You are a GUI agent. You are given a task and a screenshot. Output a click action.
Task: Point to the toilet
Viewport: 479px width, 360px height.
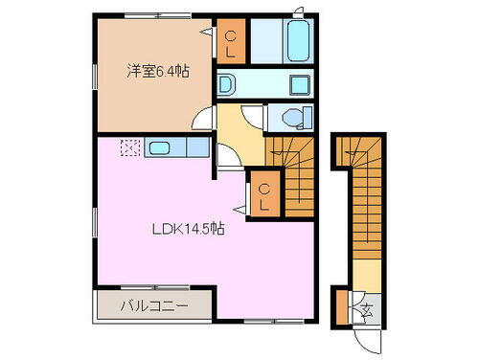pos(291,116)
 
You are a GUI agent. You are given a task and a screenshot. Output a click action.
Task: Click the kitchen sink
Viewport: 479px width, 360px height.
pos(159,148)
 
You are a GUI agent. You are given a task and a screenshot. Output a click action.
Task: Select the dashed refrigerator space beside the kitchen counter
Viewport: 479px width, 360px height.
pos(129,148)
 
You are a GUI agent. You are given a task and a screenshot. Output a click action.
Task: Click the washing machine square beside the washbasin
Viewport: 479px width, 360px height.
pos(297,83)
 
